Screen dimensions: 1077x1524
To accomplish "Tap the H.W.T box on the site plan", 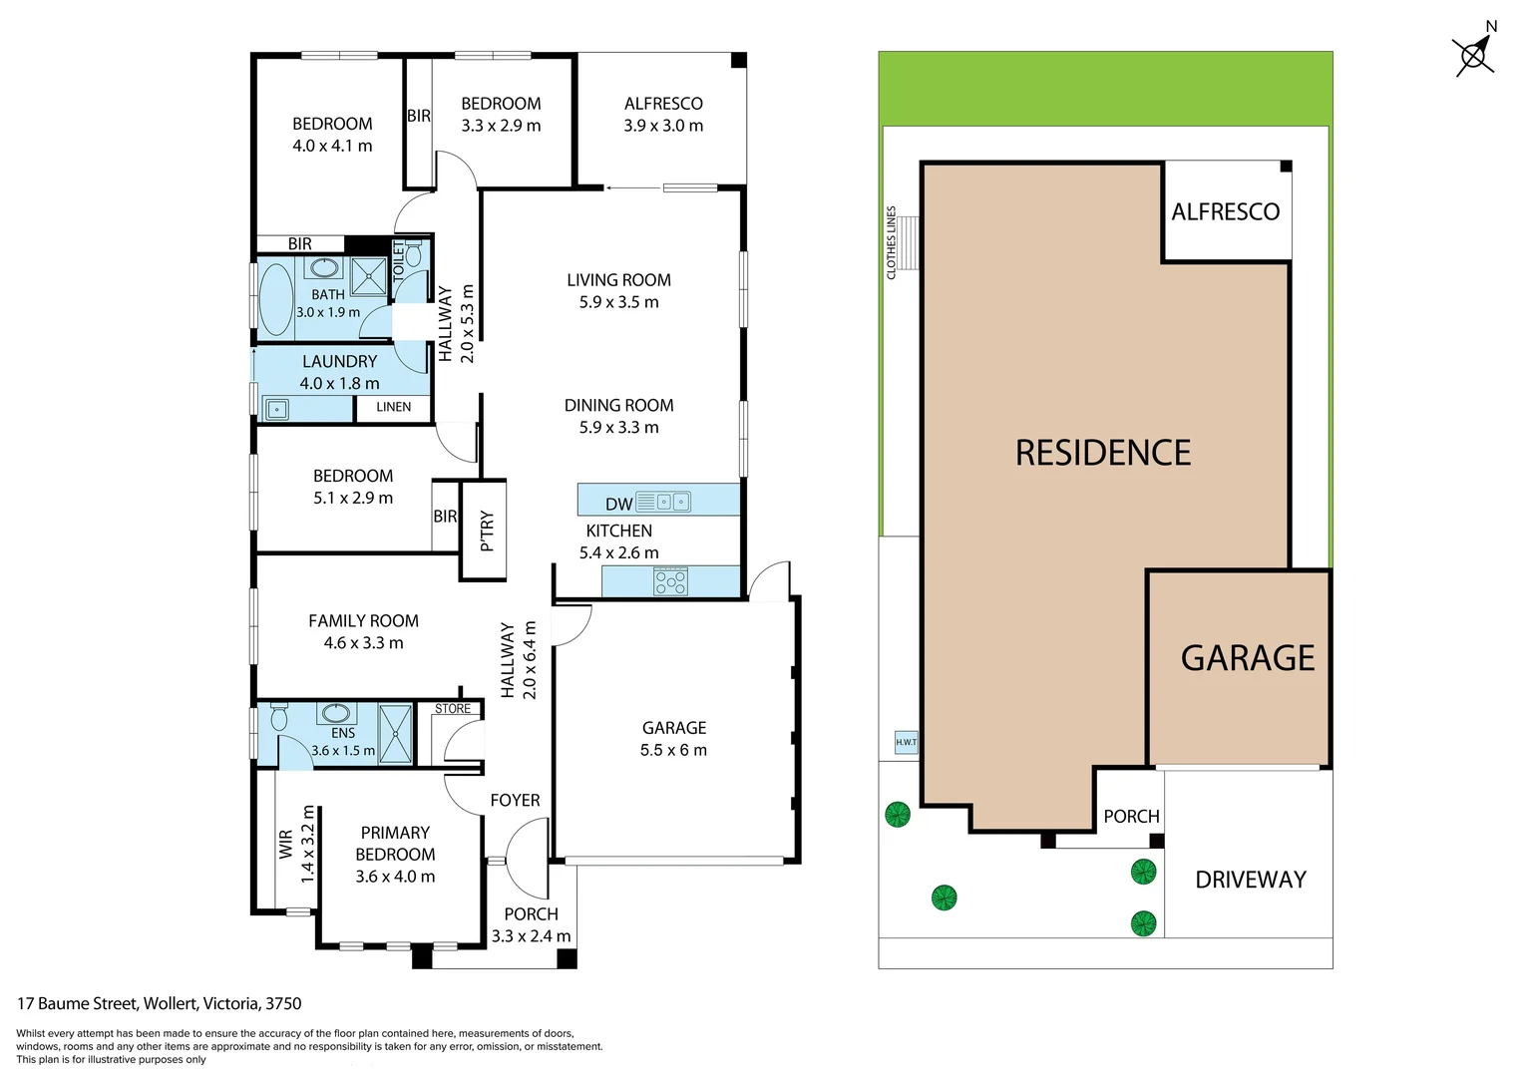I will tap(906, 742).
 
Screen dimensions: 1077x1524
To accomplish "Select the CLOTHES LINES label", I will tap(892, 242).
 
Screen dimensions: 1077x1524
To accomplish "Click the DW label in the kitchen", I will tap(618, 504).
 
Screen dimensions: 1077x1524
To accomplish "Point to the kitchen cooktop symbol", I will tap(670, 581).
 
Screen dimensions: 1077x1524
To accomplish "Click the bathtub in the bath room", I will tap(275, 298).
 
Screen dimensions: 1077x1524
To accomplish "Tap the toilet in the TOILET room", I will tap(414, 254).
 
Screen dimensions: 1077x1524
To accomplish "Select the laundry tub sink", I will tap(276, 409).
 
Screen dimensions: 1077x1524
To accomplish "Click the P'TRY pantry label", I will tap(487, 531).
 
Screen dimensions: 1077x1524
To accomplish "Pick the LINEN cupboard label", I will tap(393, 407).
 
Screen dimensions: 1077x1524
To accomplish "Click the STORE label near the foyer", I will tap(453, 709).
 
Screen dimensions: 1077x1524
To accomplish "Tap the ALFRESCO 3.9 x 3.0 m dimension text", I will tap(663, 126).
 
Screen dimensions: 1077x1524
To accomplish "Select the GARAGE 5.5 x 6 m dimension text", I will tap(673, 750).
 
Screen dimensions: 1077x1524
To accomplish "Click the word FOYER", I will tap(515, 800).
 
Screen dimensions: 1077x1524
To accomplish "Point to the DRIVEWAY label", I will tap(1250, 880).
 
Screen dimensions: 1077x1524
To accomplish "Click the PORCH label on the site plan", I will tap(1131, 816).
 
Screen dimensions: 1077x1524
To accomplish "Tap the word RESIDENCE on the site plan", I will tap(1102, 453).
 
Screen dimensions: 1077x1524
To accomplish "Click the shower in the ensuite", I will tap(396, 733).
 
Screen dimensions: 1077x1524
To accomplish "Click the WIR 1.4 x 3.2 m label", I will tap(296, 844).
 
